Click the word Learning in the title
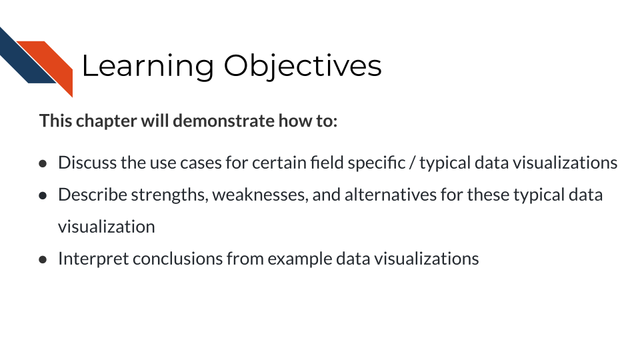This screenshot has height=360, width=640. click(x=148, y=66)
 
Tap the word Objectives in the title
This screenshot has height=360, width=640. click(x=303, y=66)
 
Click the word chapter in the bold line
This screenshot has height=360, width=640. click(x=106, y=121)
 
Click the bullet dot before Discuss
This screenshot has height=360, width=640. click(x=43, y=164)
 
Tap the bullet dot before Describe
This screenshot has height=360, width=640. click(x=43, y=196)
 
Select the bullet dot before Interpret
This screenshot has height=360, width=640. click(x=43, y=260)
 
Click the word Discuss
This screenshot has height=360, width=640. click(x=87, y=163)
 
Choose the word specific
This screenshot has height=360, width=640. click(x=377, y=163)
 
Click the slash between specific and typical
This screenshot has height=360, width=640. click(x=412, y=163)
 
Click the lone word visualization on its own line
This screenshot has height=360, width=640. click(x=107, y=227)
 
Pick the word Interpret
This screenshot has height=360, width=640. click(x=93, y=259)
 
